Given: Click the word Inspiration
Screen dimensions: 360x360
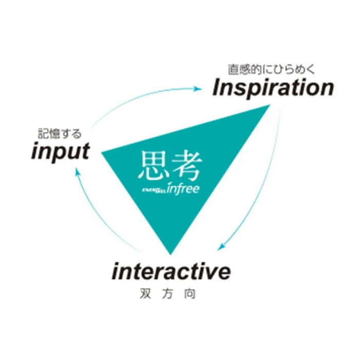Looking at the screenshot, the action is point(273,88).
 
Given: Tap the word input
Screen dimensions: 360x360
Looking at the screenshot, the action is point(60,152).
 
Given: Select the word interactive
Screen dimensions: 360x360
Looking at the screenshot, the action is point(171,272).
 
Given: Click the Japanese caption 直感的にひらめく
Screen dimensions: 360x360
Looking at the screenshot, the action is point(271,69).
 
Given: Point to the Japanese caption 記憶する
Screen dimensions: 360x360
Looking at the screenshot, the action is point(60,134).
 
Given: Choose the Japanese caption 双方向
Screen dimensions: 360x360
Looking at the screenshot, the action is point(168,294).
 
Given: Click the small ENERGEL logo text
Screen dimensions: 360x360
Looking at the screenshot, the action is point(154,190).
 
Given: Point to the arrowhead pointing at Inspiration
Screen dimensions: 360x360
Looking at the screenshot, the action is point(197,88).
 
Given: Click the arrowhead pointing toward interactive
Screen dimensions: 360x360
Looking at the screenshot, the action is point(221,246).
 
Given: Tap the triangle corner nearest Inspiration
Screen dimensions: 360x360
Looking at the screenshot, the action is point(270,105).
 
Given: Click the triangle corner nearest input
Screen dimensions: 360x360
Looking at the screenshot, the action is point(102,152).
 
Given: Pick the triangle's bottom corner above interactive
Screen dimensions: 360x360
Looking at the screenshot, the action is point(170,255).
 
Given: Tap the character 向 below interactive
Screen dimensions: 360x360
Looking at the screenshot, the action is point(190,294).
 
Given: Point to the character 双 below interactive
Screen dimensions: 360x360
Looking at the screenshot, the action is point(146,294).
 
